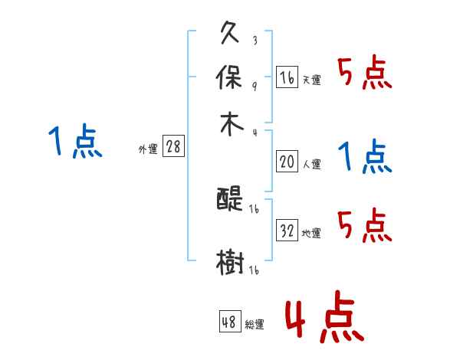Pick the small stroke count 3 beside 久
[254, 41]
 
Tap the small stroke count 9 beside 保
[254, 86]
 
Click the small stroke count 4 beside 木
[254, 133]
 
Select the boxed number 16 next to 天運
[287, 77]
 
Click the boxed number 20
[287, 162]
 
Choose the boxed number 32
[287, 231]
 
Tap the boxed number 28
[173, 147]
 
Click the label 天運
[311, 80]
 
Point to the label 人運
[311, 164]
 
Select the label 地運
[311, 233]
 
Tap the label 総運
[254, 325]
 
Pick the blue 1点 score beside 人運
[364, 157]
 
